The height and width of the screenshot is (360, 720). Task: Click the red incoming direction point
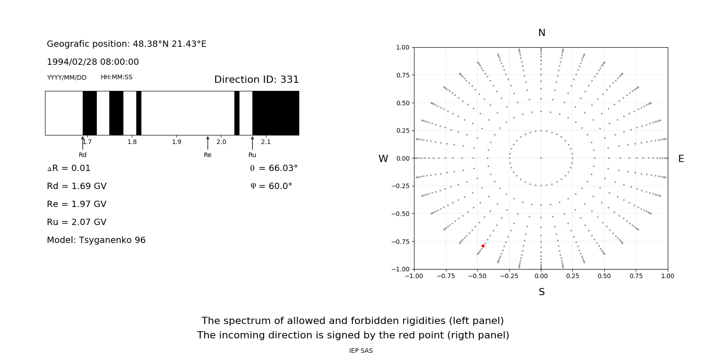[x=483, y=246]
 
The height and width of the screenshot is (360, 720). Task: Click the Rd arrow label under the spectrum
[x=82, y=155]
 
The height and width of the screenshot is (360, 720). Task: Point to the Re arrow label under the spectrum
[x=207, y=155]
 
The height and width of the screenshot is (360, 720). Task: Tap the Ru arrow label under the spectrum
[x=252, y=155]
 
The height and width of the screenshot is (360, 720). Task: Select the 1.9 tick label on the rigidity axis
[x=176, y=142]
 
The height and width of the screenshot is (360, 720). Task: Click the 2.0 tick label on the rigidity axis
[x=221, y=142]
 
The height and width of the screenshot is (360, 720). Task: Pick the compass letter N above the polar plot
[x=541, y=33]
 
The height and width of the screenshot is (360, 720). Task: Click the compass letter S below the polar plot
[x=541, y=292]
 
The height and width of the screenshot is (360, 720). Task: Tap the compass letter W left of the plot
[x=383, y=159]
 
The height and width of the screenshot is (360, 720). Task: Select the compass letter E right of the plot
[x=681, y=159]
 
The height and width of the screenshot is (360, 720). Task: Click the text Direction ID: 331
[x=256, y=80]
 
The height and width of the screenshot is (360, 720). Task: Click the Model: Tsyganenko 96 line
[x=96, y=240]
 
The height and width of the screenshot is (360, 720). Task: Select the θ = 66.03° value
[x=274, y=168]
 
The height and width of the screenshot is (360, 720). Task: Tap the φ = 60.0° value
[x=271, y=186]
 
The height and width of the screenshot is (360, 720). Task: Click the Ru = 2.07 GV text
[x=76, y=222]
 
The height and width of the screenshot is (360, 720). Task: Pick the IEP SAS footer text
[x=360, y=351]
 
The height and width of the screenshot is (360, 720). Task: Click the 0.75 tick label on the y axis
[x=402, y=75]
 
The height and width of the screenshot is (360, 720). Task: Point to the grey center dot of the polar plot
[x=541, y=158]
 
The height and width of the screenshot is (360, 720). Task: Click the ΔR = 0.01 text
[x=68, y=168]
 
